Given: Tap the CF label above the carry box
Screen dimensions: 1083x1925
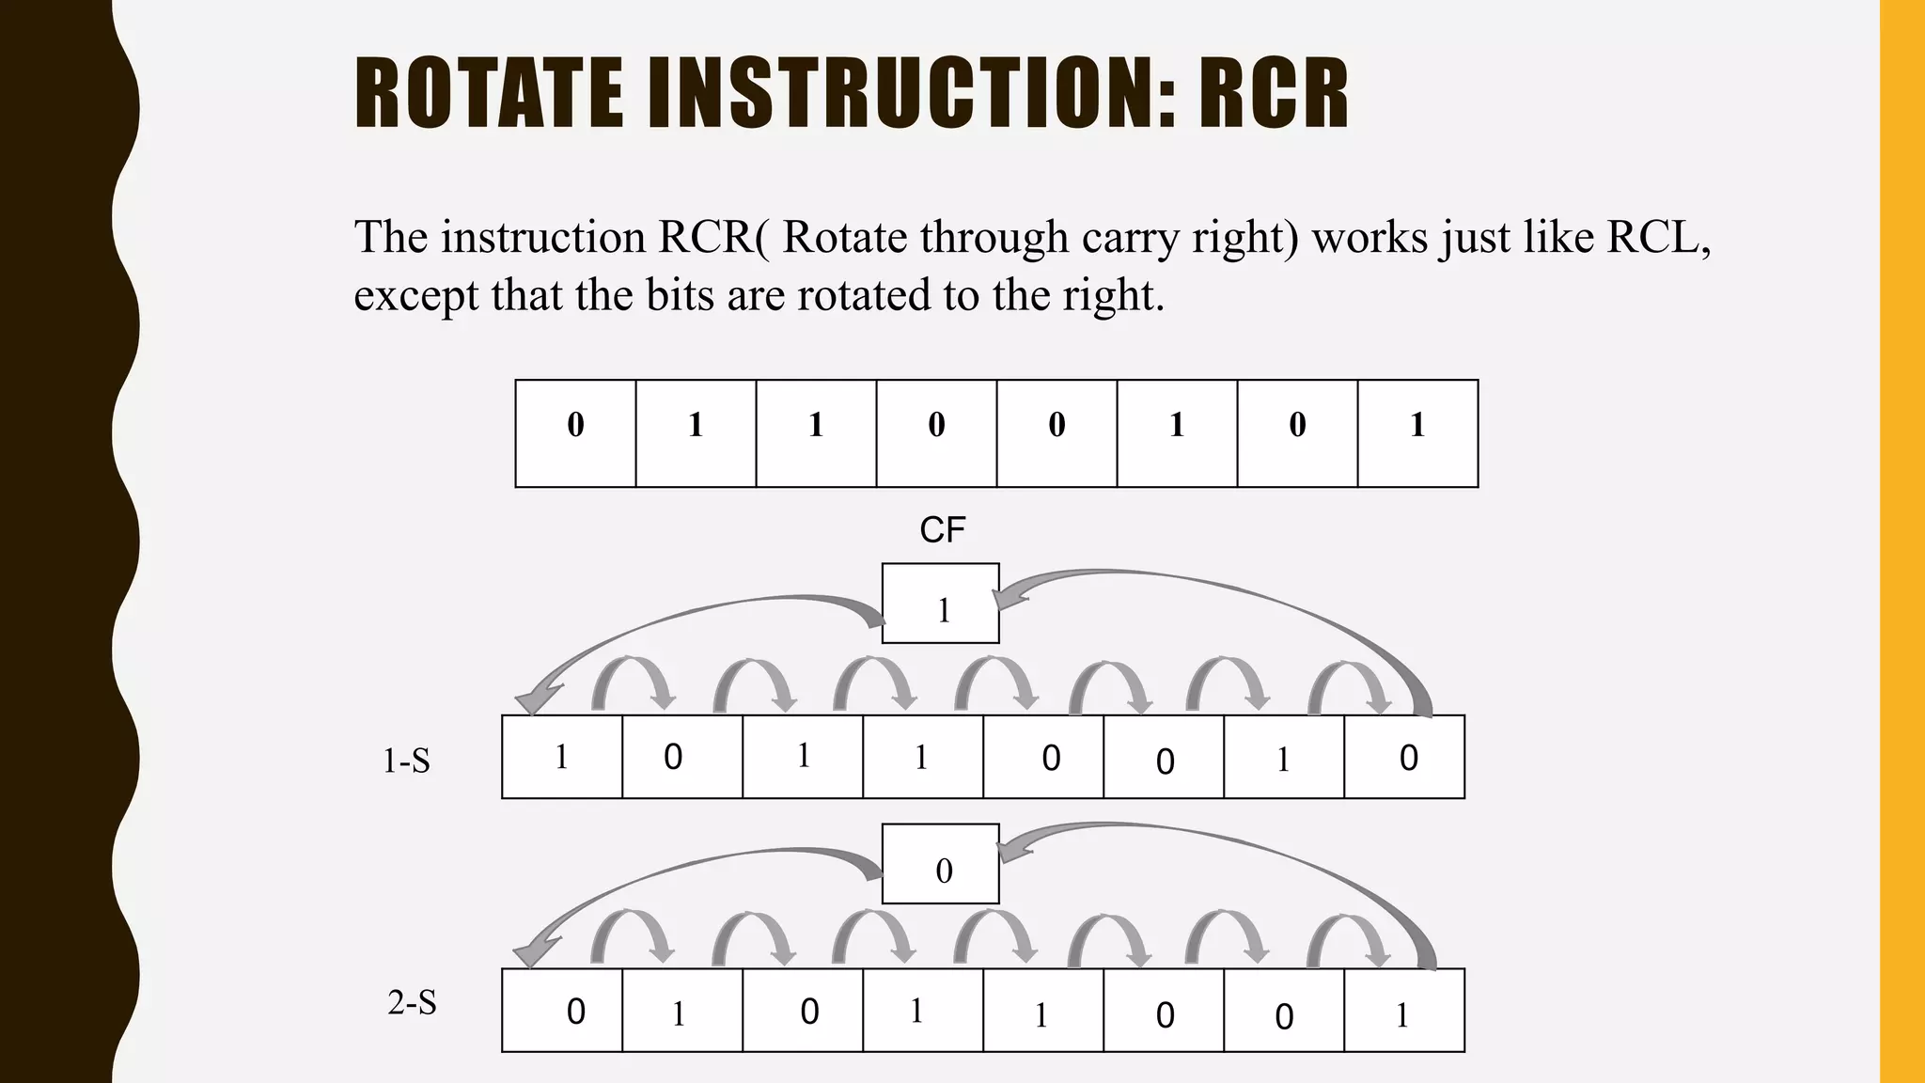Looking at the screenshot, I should (942, 530).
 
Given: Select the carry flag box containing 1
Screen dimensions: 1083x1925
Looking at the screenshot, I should (940, 604).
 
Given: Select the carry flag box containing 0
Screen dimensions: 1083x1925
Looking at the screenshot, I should (940, 864).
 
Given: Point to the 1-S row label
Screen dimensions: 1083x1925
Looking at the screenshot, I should (406, 761).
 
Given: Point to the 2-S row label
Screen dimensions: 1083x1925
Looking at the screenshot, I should (412, 1003).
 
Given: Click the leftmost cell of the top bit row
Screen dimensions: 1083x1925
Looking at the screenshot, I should (575, 433).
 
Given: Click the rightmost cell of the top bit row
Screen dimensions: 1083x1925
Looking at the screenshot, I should (1417, 433).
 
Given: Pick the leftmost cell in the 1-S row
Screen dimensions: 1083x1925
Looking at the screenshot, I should (562, 757).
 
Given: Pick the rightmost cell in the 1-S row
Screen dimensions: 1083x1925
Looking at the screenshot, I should (1404, 757).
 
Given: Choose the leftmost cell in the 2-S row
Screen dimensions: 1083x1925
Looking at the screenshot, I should (562, 1011).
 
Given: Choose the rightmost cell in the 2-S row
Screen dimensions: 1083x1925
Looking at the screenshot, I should (1404, 1011).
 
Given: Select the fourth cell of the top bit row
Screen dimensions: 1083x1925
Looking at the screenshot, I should (936, 433).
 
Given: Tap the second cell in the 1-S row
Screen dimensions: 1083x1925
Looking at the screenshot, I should (682, 757).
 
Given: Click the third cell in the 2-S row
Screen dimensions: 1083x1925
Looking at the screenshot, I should (803, 1011).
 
